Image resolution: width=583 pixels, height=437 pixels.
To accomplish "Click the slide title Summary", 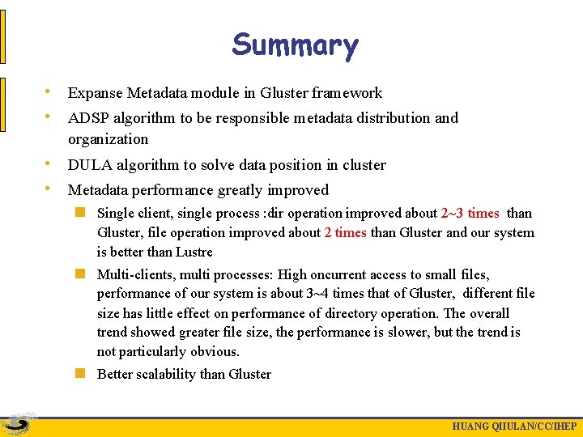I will (294, 45).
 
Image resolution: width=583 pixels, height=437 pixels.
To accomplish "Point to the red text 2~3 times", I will (470, 214).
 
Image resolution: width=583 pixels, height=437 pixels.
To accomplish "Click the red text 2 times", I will (345, 233).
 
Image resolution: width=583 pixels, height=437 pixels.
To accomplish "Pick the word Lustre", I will (193, 252).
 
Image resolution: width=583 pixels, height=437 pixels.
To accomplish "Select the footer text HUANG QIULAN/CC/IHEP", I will (514, 426).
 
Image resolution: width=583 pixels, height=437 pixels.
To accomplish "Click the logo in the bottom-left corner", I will (18, 424).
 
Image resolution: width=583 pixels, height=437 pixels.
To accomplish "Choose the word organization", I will (109, 139).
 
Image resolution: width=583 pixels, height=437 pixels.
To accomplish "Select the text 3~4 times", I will (343, 294).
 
